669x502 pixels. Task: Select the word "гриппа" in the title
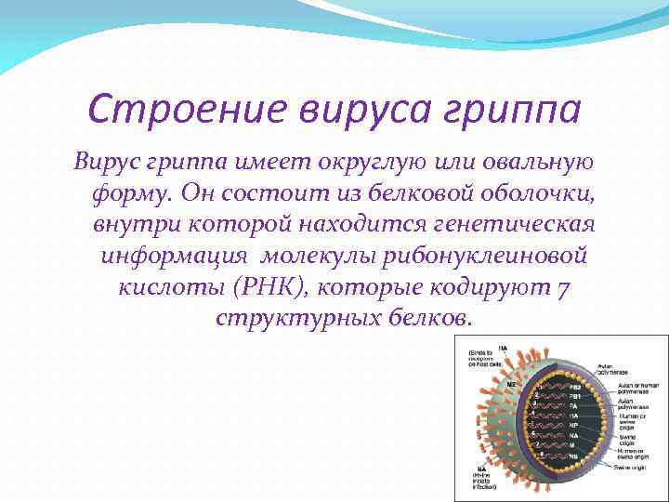click(521, 110)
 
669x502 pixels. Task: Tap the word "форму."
click(131, 193)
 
